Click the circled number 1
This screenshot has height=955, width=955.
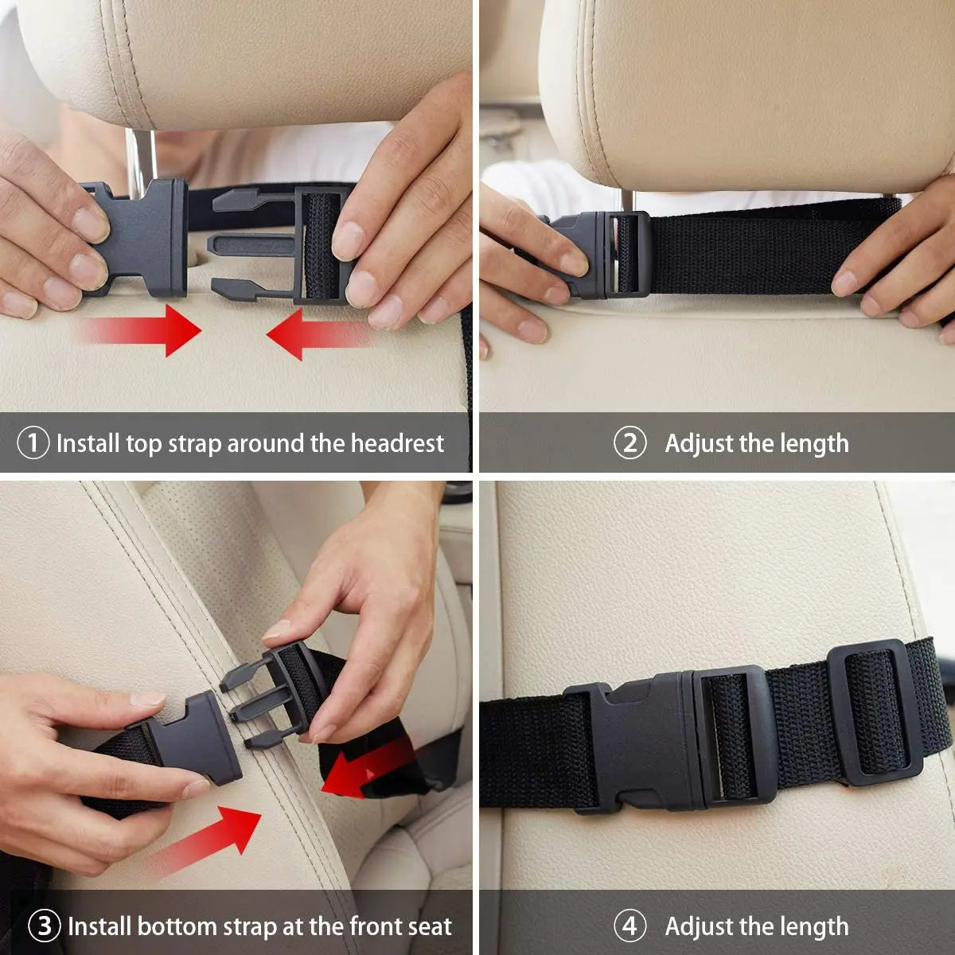[33, 443]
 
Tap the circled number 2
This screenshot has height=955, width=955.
[630, 443]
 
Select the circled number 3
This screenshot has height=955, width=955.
[45, 926]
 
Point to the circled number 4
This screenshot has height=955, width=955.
[630, 926]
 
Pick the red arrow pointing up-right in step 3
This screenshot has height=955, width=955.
[207, 840]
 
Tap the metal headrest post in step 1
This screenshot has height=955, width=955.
[138, 159]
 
